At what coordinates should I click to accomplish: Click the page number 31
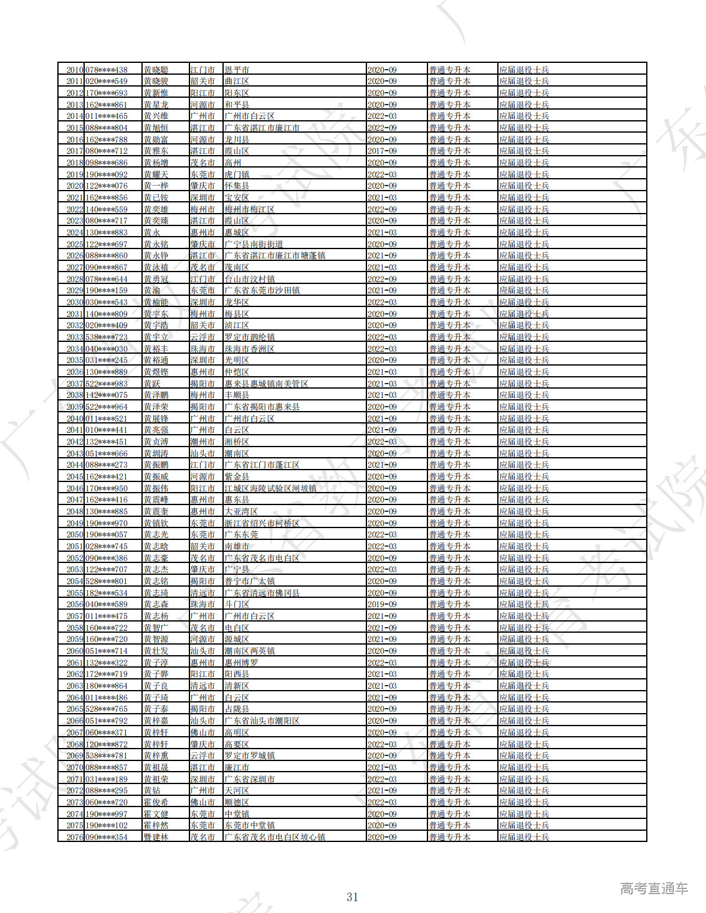[352, 897]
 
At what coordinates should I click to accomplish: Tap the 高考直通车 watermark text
[654, 888]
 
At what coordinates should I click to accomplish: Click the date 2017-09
[381, 151]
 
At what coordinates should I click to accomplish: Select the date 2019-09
[381, 605]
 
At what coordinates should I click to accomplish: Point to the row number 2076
[75, 837]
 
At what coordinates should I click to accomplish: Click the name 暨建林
[156, 837]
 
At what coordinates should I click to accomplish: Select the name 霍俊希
[156, 802]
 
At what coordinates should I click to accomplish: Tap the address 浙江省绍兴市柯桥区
[262, 523]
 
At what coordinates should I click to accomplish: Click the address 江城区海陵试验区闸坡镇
[270, 488]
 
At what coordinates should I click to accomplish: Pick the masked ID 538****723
[106, 338]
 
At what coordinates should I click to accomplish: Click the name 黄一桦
[156, 186]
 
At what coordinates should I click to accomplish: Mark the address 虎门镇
[237, 175]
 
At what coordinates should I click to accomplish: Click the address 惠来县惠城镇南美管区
[266, 384]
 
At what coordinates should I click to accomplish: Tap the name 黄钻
[152, 791]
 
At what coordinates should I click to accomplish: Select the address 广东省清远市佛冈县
[262, 593]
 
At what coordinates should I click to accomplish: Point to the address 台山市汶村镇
[249, 279]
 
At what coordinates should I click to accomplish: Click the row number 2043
[75, 453]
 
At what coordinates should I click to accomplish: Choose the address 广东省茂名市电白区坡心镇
[275, 837]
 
